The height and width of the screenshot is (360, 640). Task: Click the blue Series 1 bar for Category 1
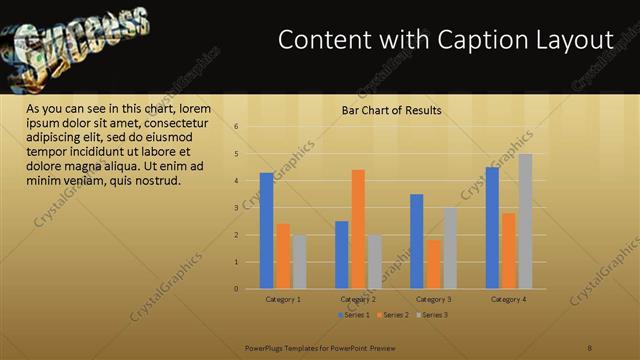click(266, 231)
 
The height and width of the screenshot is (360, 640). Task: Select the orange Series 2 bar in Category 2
click(358, 229)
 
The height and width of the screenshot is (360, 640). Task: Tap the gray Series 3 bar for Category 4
click(525, 221)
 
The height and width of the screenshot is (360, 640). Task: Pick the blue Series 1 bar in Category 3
click(416, 241)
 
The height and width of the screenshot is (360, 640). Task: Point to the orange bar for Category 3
click(433, 264)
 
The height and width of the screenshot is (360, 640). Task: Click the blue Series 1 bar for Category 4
click(492, 228)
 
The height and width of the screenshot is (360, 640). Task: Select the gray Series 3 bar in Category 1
click(299, 262)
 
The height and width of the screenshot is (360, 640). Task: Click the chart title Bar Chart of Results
click(392, 110)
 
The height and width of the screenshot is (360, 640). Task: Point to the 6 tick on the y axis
click(236, 127)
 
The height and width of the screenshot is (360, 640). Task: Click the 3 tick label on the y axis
click(236, 208)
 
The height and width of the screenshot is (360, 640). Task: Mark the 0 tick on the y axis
click(236, 289)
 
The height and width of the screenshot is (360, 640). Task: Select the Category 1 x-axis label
click(283, 300)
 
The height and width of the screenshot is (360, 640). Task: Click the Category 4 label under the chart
click(509, 300)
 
